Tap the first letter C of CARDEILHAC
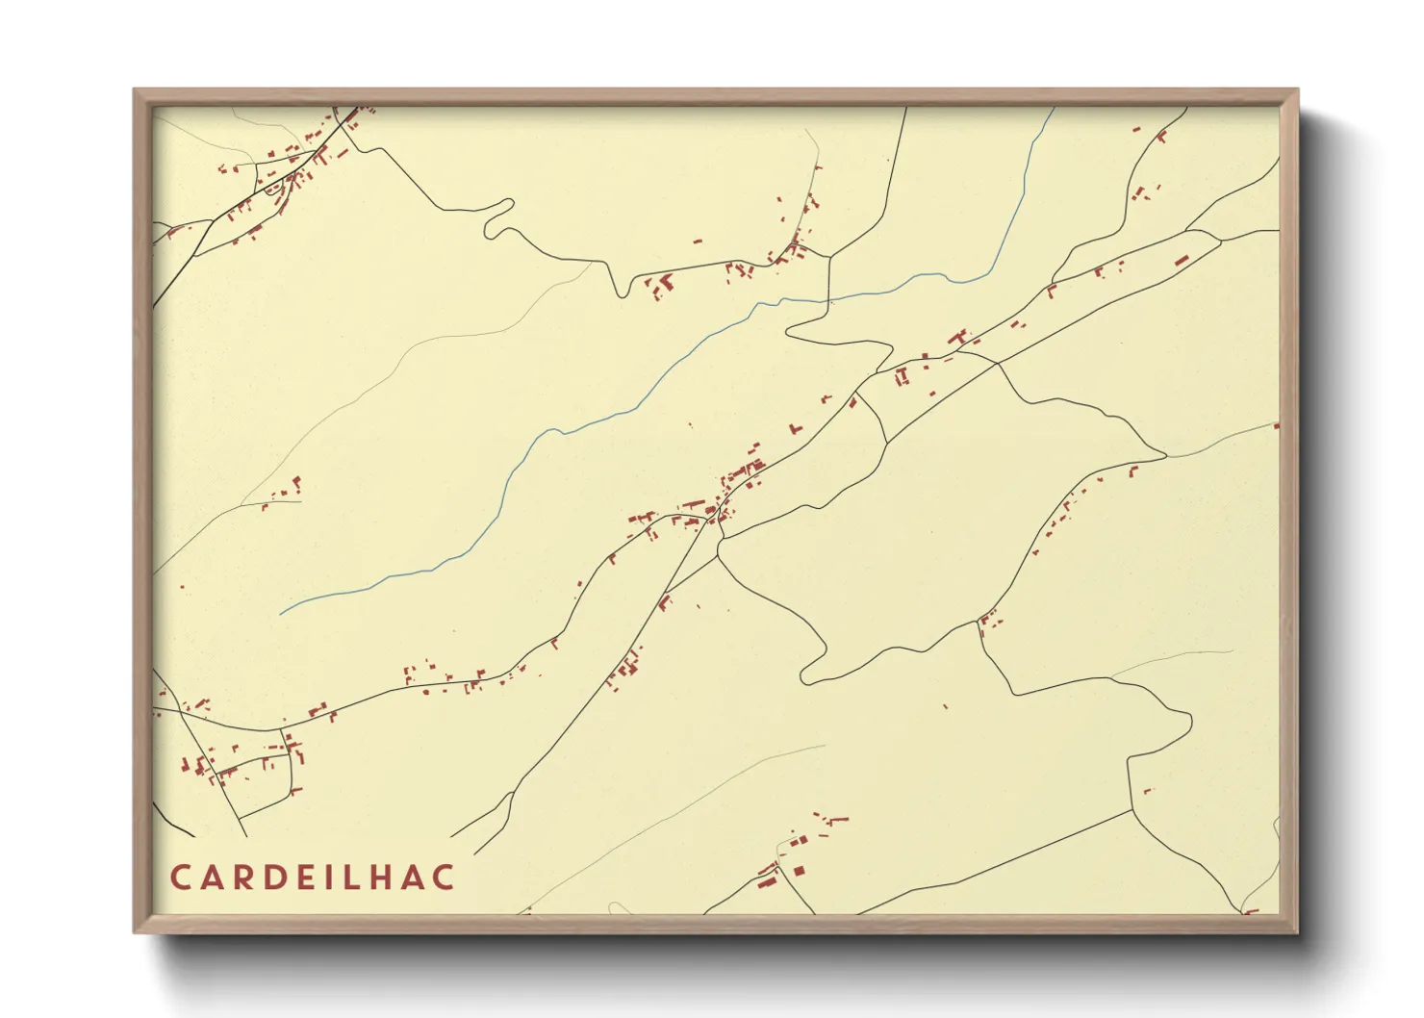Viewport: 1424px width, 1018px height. pyautogui.click(x=180, y=878)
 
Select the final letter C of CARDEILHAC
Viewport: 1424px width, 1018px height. pyautogui.click(x=444, y=878)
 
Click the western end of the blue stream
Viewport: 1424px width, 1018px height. pyautogui.click(x=281, y=613)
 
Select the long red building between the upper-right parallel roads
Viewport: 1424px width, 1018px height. pyautogui.click(x=1181, y=260)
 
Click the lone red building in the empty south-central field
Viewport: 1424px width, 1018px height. pyautogui.click(x=946, y=707)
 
